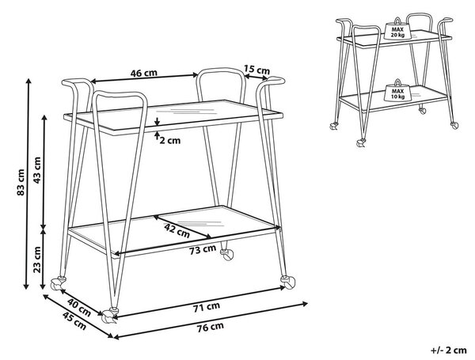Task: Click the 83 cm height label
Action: [x=21, y=182]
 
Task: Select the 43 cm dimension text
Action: [x=37, y=170]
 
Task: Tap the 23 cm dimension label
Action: [x=37, y=260]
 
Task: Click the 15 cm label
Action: [x=256, y=70]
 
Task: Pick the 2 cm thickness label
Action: [x=170, y=141]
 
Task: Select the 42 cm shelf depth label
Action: [x=177, y=231]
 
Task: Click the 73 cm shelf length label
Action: [x=203, y=250]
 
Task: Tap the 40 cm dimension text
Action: [x=79, y=307]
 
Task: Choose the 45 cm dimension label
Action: [x=74, y=321]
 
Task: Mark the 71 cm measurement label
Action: [x=207, y=307]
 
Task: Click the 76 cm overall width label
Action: [x=211, y=327]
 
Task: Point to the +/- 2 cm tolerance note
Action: [x=449, y=351]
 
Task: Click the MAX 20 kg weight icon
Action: [x=397, y=29]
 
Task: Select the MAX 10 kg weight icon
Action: [x=397, y=91]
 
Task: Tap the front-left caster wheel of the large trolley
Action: [x=110, y=316]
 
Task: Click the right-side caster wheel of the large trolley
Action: [x=288, y=282]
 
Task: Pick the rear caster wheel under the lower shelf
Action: [x=227, y=255]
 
